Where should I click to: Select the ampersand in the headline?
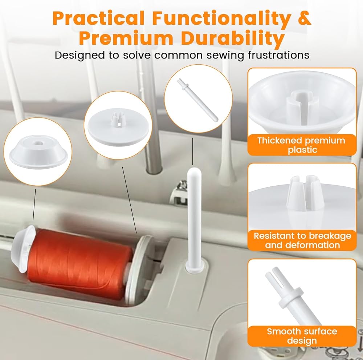coord(304,18)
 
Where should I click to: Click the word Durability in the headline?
coord(233,38)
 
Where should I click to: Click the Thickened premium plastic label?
coord(301,145)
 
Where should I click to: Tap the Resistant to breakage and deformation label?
coord(302,240)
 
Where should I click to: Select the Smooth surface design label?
coord(302,336)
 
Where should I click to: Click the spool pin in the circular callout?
coord(197,100)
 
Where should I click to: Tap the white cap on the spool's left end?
coord(23,249)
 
